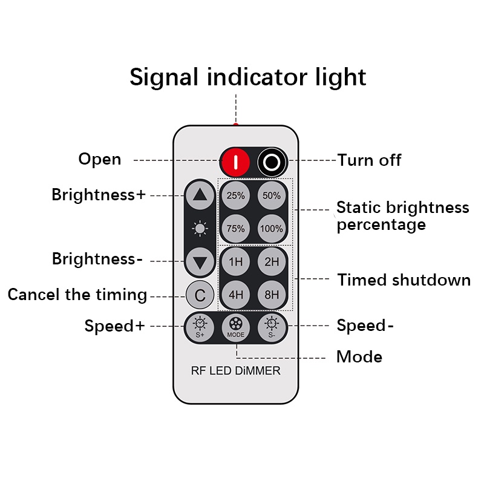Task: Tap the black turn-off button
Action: [x=272, y=162]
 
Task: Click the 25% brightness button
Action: [x=235, y=195]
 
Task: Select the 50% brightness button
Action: [x=272, y=195]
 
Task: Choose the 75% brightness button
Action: [x=235, y=229]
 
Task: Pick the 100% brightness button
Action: [x=272, y=229]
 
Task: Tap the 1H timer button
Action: [x=235, y=262]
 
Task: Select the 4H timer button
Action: [x=235, y=295]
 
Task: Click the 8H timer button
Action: [x=272, y=295]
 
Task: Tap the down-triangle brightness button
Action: [x=200, y=262]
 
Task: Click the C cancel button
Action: [x=200, y=295]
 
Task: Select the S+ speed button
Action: [x=200, y=327]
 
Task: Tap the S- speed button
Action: [x=272, y=327]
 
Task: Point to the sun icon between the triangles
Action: [x=200, y=229]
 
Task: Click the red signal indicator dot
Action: [x=236, y=125]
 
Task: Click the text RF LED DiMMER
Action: [x=235, y=371]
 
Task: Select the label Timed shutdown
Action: [x=404, y=280]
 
